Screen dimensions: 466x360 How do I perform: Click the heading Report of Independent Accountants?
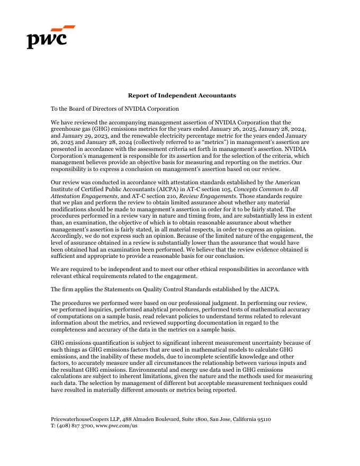click(x=182, y=95)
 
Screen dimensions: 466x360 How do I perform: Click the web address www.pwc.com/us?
click(x=116, y=425)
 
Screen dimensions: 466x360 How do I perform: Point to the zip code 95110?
click(x=263, y=419)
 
